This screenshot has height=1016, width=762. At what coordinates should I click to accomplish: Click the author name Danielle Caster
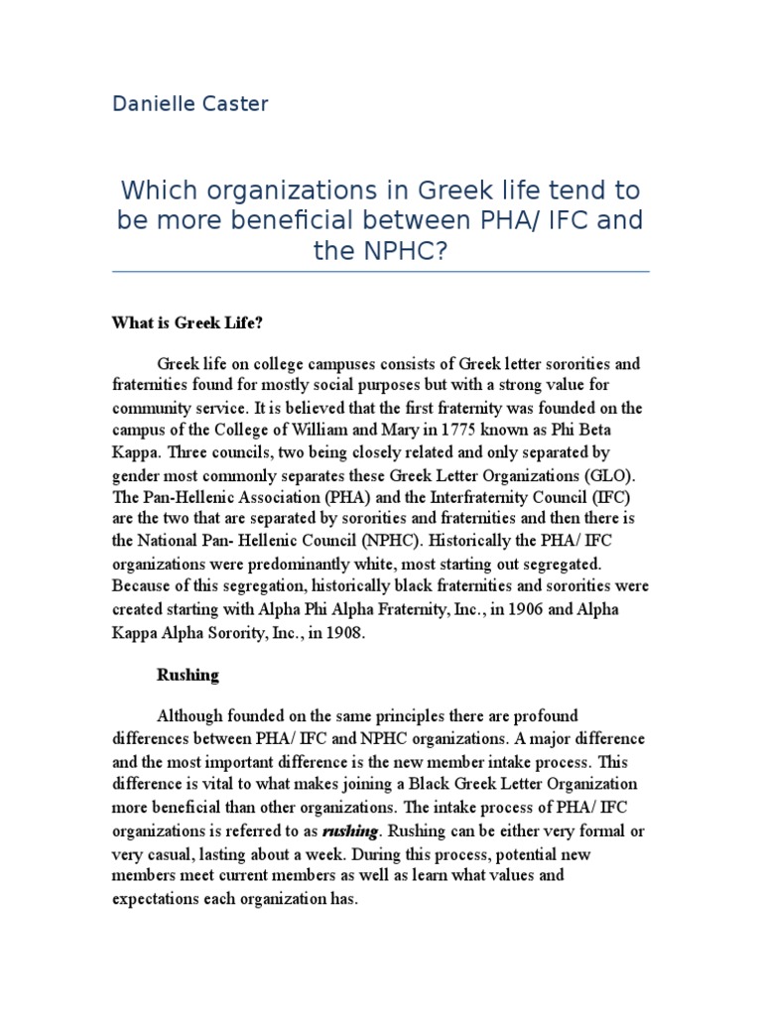[x=190, y=103]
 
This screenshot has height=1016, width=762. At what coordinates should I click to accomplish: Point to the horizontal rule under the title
[x=381, y=271]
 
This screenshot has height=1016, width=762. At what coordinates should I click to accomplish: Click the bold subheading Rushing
[x=188, y=676]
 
